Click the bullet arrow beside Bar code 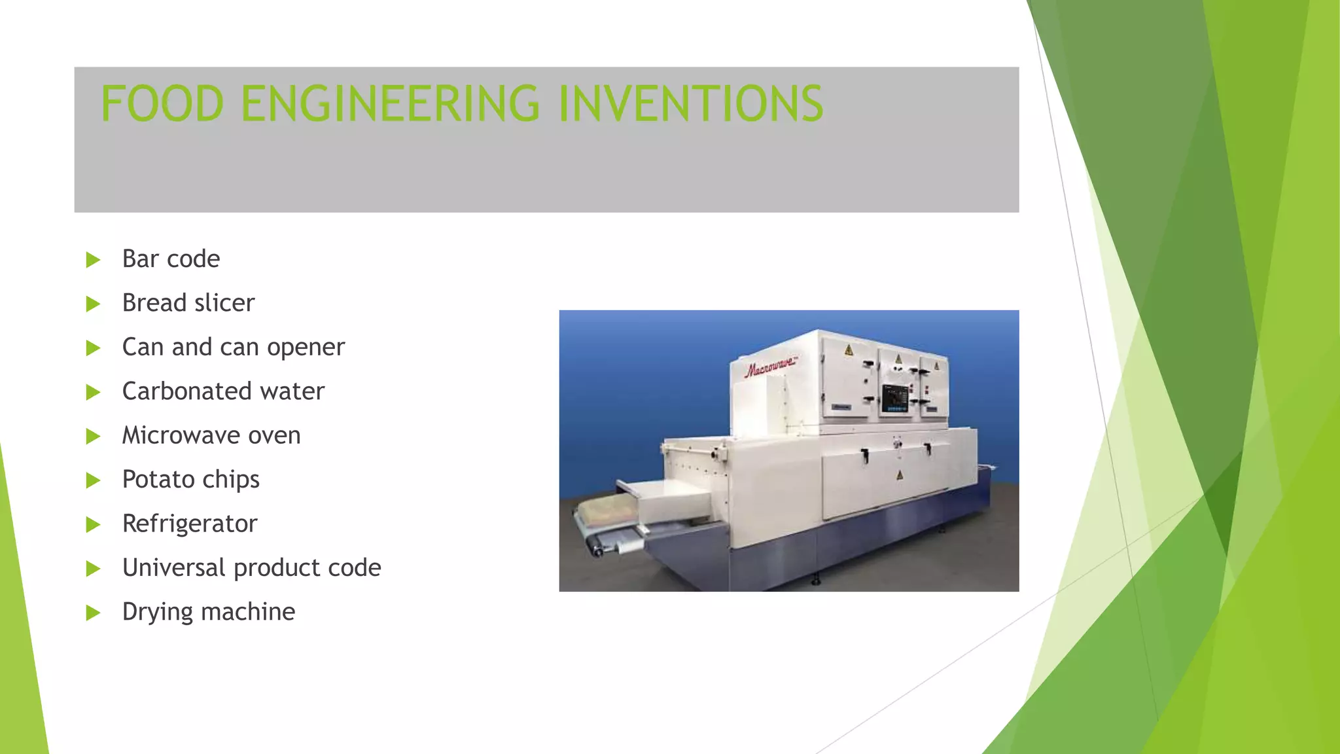click(x=93, y=260)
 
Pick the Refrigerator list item click(x=190, y=524)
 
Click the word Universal click(x=173, y=567)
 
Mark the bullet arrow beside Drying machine click(x=93, y=613)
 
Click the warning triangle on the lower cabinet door click(x=900, y=475)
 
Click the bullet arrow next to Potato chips click(x=93, y=480)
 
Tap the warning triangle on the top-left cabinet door click(x=849, y=350)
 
